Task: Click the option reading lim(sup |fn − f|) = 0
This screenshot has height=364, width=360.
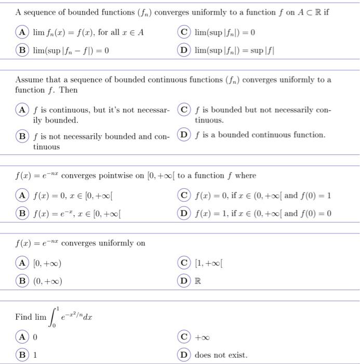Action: tap(71, 51)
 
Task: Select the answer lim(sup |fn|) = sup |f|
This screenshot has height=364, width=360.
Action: tap(231, 51)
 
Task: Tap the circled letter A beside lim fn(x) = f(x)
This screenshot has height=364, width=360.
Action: tap(22, 33)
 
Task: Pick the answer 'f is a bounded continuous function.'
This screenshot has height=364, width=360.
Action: tap(260, 135)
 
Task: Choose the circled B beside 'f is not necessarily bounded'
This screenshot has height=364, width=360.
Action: tap(22, 136)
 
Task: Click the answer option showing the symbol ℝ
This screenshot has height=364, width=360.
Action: tap(198, 281)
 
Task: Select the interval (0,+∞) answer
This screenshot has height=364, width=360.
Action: tap(48, 281)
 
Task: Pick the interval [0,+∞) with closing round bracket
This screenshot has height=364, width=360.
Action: tap(48, 264)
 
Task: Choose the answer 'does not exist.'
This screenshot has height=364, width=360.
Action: tap(221, 355)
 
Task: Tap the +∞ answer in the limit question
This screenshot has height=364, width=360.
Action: tap(202, 337)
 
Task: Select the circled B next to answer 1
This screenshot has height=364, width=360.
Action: tap(22, 355)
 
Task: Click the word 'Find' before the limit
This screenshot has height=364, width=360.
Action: tap(23, 317)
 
